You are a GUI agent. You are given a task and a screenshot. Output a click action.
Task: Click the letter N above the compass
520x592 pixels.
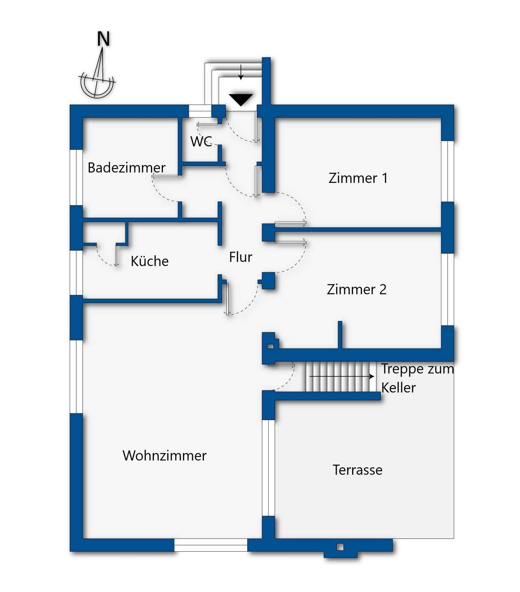(103, 39)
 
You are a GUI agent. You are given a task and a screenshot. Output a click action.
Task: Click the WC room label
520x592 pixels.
(201, 141)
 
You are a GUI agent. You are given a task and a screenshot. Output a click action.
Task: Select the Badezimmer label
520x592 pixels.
(126, 168)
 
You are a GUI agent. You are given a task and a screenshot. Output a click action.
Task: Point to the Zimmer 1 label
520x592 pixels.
(358, 178)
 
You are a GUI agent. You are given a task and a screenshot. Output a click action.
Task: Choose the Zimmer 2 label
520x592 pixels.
(357, 289)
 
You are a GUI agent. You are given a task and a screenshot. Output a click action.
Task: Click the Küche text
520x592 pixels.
(149, 261)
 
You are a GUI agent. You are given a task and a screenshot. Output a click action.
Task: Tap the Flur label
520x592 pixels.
(241, 257)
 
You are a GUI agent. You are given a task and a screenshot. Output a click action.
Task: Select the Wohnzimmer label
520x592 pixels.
(165, 456)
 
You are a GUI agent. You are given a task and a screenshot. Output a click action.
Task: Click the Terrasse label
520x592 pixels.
(357, 470)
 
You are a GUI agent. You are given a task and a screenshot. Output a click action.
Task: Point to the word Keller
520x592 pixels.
(398, 388)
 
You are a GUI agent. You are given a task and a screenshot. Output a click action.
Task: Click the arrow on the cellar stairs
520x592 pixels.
(341, 376)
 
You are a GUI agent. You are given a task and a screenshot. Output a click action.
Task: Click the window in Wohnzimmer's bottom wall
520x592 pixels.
(211, 545)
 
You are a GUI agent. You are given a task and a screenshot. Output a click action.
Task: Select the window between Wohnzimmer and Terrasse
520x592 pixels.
(269, 468)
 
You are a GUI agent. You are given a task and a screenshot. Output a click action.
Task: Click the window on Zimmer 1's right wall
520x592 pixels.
(448, 171)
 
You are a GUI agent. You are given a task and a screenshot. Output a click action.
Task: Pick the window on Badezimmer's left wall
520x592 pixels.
(76, 177)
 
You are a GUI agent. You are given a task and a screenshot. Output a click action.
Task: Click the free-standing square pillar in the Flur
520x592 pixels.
(269, 280)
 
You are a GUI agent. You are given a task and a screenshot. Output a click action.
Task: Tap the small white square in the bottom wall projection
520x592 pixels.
(340, 547)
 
